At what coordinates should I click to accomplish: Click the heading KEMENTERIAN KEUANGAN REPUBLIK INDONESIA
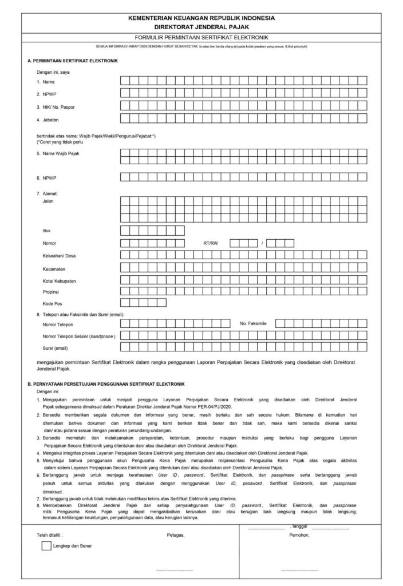tap(201, 18)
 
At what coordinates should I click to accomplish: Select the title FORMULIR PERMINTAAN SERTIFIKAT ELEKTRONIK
tap(201, 37)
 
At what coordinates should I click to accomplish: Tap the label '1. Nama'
tap(45, 81)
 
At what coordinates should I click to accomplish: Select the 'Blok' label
tap(48, 230)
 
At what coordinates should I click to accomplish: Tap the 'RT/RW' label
tap(211, 243)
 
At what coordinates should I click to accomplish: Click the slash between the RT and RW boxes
tap(262, 243)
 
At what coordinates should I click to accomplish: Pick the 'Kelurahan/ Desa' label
tap(59, 256)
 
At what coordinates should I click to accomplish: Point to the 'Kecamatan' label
tap(54, 268)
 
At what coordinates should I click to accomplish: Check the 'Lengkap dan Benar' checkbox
tap(46, 545)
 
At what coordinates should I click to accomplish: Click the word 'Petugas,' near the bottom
tap(176, 534)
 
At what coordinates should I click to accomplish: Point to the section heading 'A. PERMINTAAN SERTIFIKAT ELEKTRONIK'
tap(73, 60)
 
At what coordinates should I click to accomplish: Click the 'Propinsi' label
tap(52, 291)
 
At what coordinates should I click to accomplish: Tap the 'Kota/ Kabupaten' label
tap(59, 280)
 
